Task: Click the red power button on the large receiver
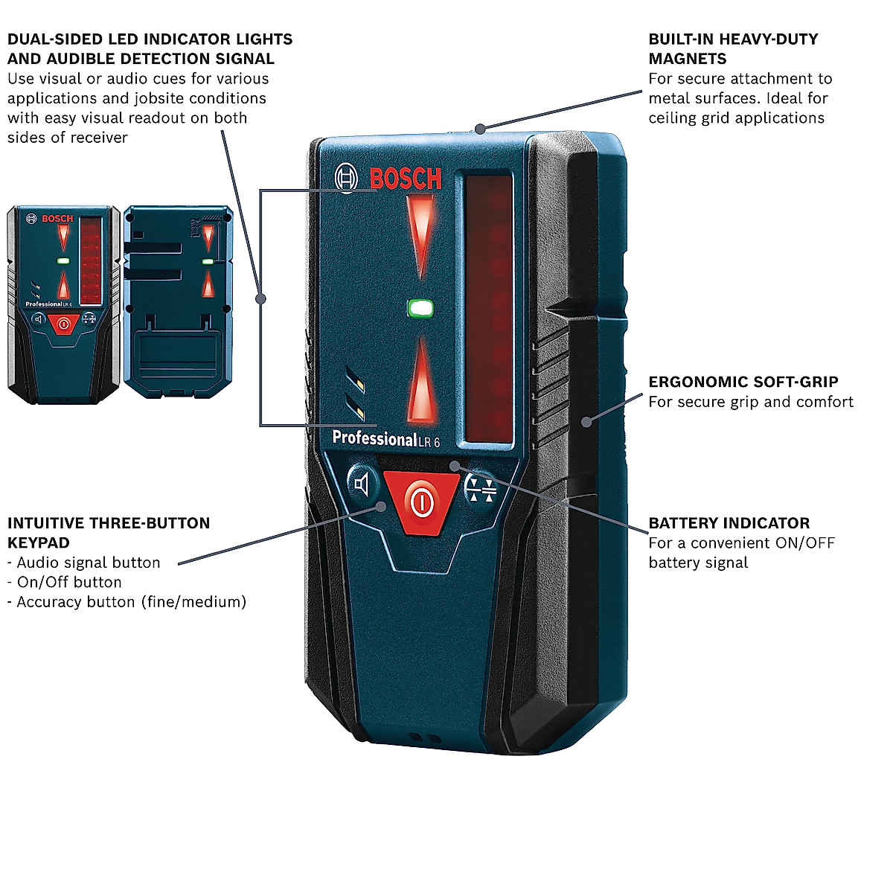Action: tap(421, 502)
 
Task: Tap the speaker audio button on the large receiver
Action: tap(362, 485)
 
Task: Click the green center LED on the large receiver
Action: tap(421, 307)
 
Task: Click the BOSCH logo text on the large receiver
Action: tap(405, 179)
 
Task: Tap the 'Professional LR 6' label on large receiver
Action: tap(385, 439)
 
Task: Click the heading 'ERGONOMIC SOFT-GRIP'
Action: tap(743, 383)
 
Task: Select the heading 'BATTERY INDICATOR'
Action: tap(729, 523)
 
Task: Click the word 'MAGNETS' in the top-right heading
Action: tap(687, 59)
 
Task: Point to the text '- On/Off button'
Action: tap(64, 583)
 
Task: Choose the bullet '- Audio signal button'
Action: tap(83, 563)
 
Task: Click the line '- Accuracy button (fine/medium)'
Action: tap(127, 602)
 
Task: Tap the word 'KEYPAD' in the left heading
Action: tap(38, 543)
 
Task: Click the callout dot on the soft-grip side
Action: tap(586, 422)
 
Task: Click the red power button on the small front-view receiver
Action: tap(63, 324)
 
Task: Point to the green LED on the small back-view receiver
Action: tap(208, 262)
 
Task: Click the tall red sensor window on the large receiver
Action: tap(488, 309)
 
